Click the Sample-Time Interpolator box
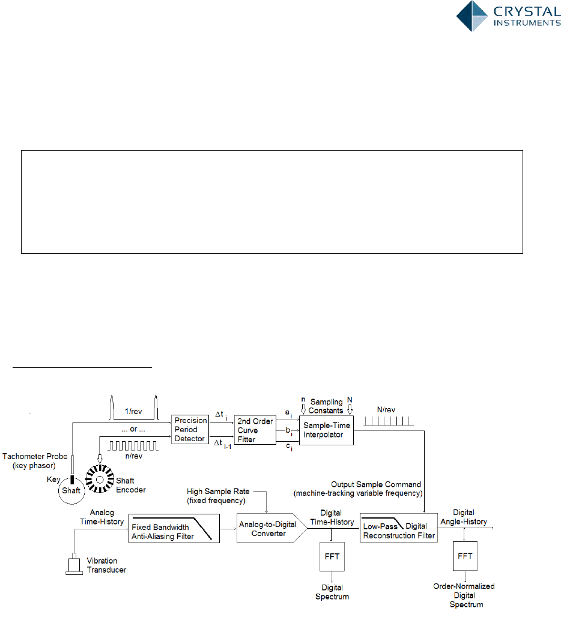pos(326,430)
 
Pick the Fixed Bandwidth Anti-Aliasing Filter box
pos(173,528)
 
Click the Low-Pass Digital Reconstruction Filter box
pos(399,528)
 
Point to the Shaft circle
pos(71,490)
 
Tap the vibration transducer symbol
pos(74,566)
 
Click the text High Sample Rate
pos(218,492)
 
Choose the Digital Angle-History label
pos(470,517)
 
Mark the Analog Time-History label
pos(97,517)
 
